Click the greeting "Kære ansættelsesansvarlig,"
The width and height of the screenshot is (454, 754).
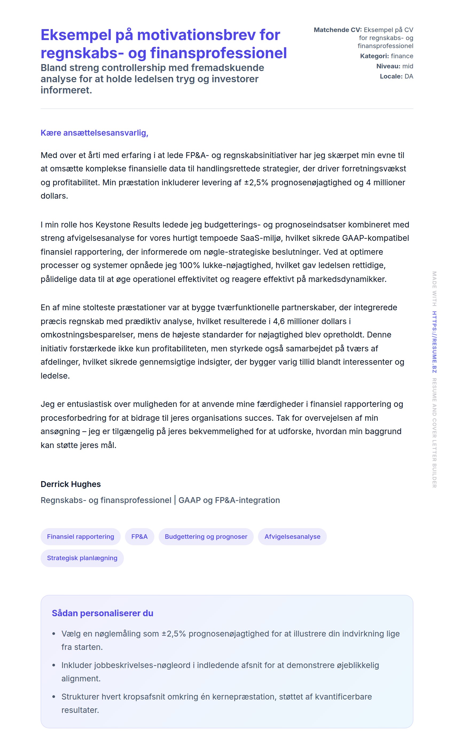click(94, 133)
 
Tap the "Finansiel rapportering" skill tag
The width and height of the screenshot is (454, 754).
click(80, 536)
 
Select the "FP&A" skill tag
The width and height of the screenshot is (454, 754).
click(139, 536)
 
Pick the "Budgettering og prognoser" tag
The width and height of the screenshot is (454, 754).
click(206, 536)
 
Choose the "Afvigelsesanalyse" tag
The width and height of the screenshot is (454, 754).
click(292, 536)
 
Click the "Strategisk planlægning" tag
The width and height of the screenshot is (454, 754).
click(82, 558)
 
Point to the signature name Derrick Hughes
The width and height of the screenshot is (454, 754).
click(71, 484)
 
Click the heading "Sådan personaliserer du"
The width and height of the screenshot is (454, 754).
click(103, 613)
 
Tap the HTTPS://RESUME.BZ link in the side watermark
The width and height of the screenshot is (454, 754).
click(434, 342)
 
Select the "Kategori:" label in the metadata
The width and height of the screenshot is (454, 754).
click(374, 56)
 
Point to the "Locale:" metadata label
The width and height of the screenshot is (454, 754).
click(391, 76)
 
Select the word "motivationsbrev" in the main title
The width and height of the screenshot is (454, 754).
click(196, 35)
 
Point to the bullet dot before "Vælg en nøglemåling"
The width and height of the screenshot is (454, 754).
click(54, 633)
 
